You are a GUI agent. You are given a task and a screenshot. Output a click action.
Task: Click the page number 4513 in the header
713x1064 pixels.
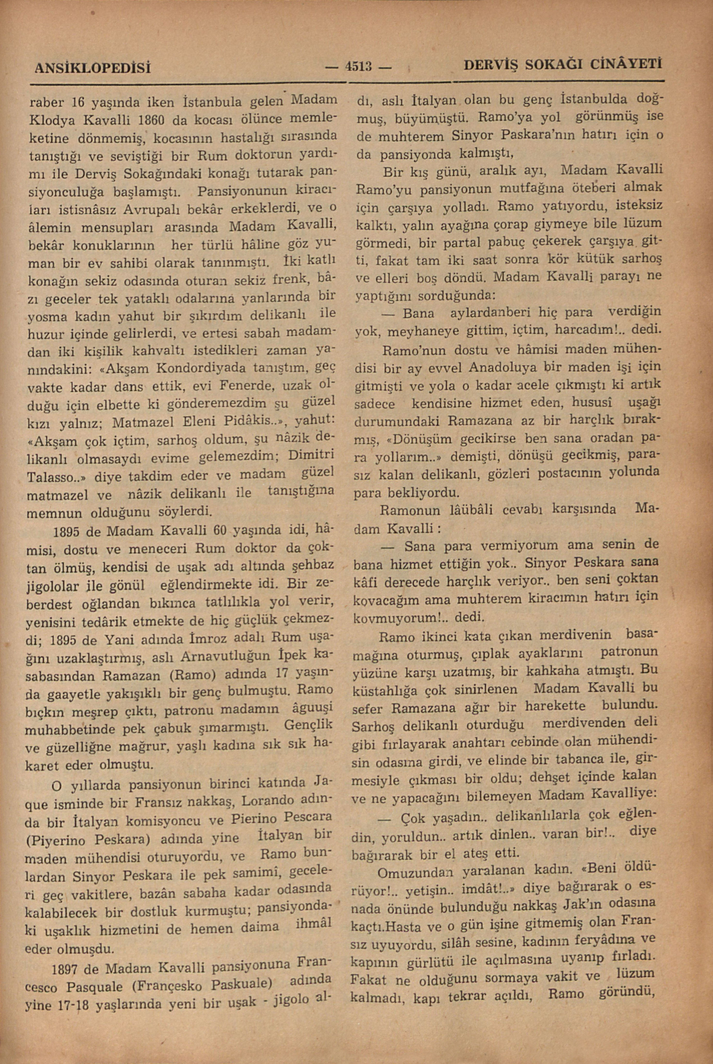[x=358, y=67]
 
